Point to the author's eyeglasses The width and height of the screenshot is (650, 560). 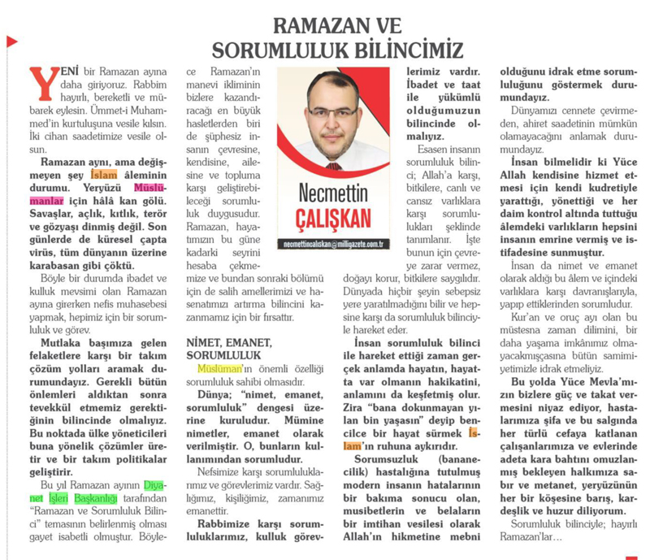[332, 115]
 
